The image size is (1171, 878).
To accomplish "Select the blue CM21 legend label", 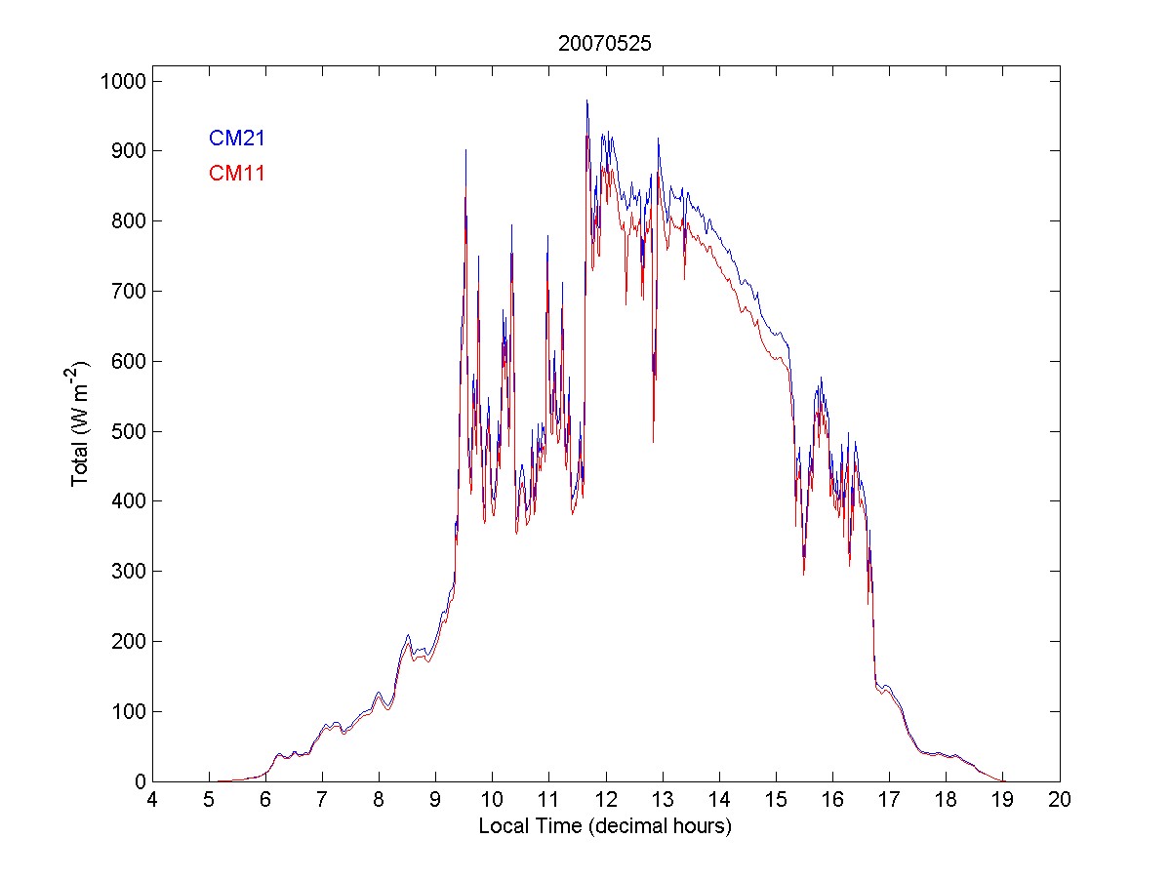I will coord(237,139).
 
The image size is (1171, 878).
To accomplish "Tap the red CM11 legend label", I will coord(237,174).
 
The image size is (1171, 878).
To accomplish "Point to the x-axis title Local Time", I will coord(605,826).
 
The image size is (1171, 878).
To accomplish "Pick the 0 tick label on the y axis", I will coord(140,781).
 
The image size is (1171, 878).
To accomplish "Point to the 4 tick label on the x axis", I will coord(152,801).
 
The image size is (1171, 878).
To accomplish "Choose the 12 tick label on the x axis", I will coord(606,801).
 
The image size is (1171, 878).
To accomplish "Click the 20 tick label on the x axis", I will coord(1060,801).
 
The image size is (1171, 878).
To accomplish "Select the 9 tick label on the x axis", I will coord(436,801).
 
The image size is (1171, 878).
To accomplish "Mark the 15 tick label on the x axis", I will coord(776,801).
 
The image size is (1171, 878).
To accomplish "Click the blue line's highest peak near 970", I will coord(586,100).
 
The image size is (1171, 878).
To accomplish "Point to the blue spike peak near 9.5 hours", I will coord(465,150).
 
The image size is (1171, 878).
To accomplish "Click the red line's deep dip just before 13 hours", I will coord(653,442).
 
